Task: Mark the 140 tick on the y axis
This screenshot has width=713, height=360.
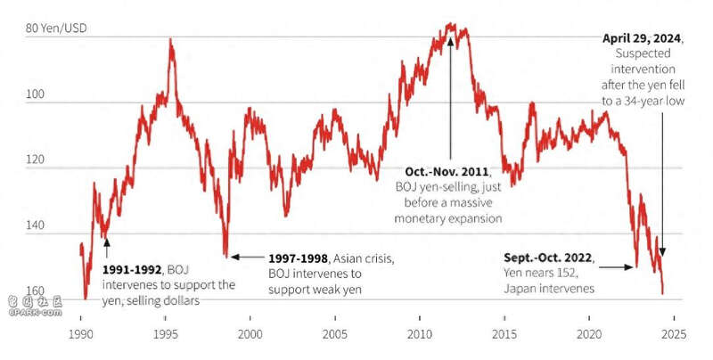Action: tap(36, 225)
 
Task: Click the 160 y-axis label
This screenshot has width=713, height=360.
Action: tap(36, 291)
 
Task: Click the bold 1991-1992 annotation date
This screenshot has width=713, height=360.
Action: tap(131, 269)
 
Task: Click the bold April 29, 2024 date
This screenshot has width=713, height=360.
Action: tap(642, 38)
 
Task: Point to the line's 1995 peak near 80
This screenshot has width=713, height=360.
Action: tap(170, 40)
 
